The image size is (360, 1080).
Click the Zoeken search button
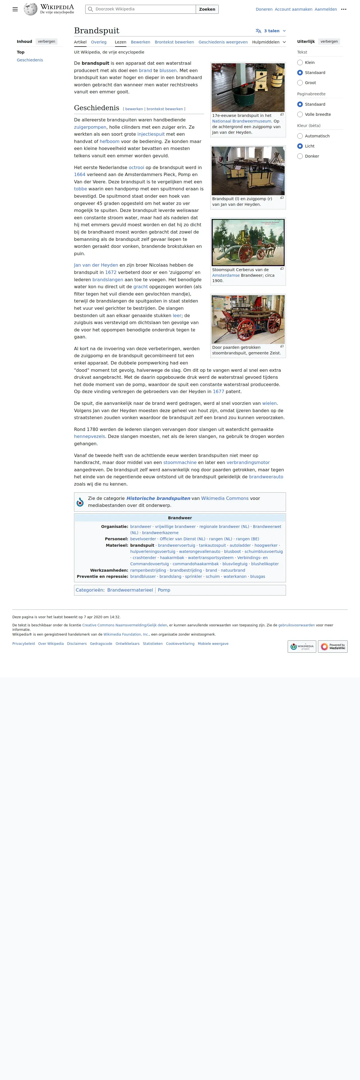point(207,9)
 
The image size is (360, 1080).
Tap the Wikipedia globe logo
point(31,9)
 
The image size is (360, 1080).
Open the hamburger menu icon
point(15,9)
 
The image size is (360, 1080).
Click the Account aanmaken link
point(293,9)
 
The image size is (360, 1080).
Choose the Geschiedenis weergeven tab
point(223,42)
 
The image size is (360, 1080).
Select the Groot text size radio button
point(300,83)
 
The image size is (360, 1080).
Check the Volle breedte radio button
point(300,114)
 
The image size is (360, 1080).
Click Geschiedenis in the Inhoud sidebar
point(30,60)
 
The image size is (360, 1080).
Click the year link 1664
point(80,174)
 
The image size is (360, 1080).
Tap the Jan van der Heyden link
point(96,265)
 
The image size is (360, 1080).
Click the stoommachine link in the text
point(180,462)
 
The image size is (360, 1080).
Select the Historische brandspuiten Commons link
point(158,498)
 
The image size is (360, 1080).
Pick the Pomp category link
point(164,590)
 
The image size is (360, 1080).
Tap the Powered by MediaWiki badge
point(333,647)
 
